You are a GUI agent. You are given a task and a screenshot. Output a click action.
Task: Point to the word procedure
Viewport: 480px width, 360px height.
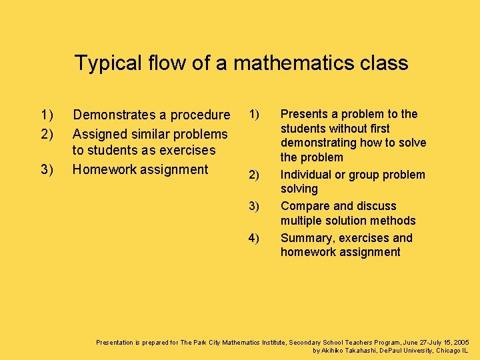(198, 115)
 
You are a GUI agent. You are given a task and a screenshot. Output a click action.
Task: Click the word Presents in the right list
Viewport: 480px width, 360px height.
(303, 114)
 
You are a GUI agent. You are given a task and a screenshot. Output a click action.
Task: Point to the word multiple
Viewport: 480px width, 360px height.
(303, 221)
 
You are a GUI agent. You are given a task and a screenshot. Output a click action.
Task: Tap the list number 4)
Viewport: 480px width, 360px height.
(254, 238)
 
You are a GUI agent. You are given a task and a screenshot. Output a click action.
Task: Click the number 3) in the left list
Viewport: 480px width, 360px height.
(47, 169)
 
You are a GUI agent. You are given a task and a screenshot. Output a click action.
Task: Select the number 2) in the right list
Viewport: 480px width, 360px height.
(254, 175)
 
